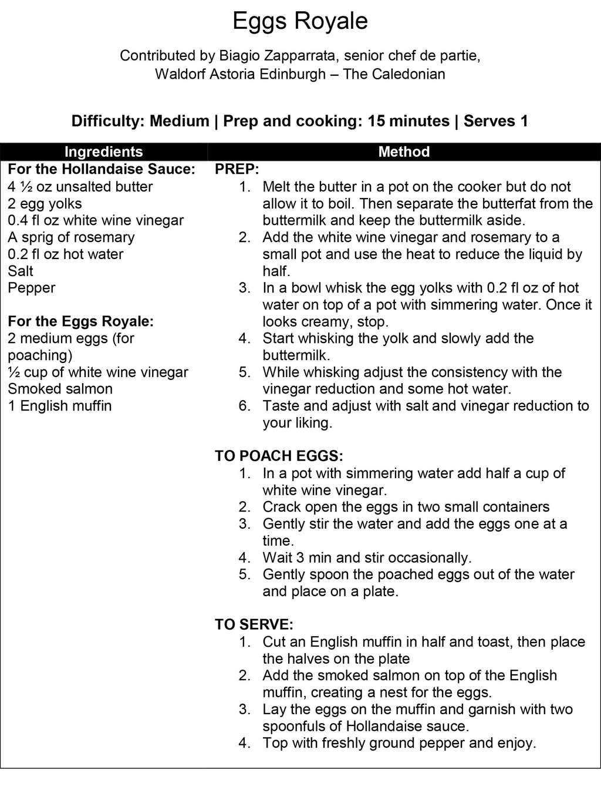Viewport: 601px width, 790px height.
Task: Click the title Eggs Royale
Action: tap(300, 21)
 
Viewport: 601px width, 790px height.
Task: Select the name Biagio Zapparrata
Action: tap(278, 56)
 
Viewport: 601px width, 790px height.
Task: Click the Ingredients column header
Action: tap(103, 152)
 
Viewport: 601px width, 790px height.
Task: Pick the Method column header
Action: tap(404, 152)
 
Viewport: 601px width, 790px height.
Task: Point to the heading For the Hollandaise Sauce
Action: tap(102, 169)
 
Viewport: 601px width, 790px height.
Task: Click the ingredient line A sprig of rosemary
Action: tap(71, 237)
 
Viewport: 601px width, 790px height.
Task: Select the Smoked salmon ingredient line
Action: tap(60, 389)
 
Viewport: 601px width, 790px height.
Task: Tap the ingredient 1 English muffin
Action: tap(60, 406)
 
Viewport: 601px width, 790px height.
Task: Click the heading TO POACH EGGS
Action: tap(279, 456)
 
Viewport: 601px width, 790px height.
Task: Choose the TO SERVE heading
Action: tap(254, 624)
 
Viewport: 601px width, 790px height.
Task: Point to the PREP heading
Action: tap(237, 169)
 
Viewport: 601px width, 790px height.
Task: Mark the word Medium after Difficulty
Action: tap(179, 121)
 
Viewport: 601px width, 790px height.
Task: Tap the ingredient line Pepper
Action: tap(32, 288)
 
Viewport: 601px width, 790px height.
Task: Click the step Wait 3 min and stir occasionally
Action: tap(367, 557)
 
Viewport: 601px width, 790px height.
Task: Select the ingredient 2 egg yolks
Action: tap(45, 204)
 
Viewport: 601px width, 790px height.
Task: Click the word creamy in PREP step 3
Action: tap(329, 322)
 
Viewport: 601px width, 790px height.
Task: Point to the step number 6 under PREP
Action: tap(245, 406)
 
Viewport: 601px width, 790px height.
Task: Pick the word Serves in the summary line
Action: tap(488, 121)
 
